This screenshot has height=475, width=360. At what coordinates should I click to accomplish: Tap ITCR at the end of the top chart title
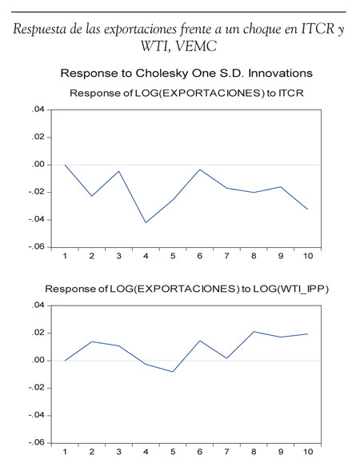291,93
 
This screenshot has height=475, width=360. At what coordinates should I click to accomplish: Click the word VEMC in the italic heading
196,46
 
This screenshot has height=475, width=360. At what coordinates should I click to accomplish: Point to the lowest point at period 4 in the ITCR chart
146,222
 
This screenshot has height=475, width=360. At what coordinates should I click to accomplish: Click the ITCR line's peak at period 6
200,170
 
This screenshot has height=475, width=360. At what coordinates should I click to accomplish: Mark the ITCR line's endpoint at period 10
308,210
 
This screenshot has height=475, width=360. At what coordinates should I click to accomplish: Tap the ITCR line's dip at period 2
92,196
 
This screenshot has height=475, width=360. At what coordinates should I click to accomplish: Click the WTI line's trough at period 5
173,372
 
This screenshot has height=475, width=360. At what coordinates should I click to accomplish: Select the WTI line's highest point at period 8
254,331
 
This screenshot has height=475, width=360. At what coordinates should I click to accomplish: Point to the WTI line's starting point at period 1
65,361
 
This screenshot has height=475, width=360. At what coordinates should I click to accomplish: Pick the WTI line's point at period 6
200,341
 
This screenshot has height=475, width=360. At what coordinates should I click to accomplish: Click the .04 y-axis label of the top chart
38,110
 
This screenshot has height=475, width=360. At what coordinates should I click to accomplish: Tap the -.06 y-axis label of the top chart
36,247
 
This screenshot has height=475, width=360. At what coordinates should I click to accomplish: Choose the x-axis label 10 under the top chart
308,256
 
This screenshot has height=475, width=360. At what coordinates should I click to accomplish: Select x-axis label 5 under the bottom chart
173,452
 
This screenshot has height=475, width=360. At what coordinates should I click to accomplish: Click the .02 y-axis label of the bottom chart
38,333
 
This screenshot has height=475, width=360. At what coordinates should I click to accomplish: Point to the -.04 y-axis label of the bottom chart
36,415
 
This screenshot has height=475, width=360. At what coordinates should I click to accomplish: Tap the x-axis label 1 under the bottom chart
65,452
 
